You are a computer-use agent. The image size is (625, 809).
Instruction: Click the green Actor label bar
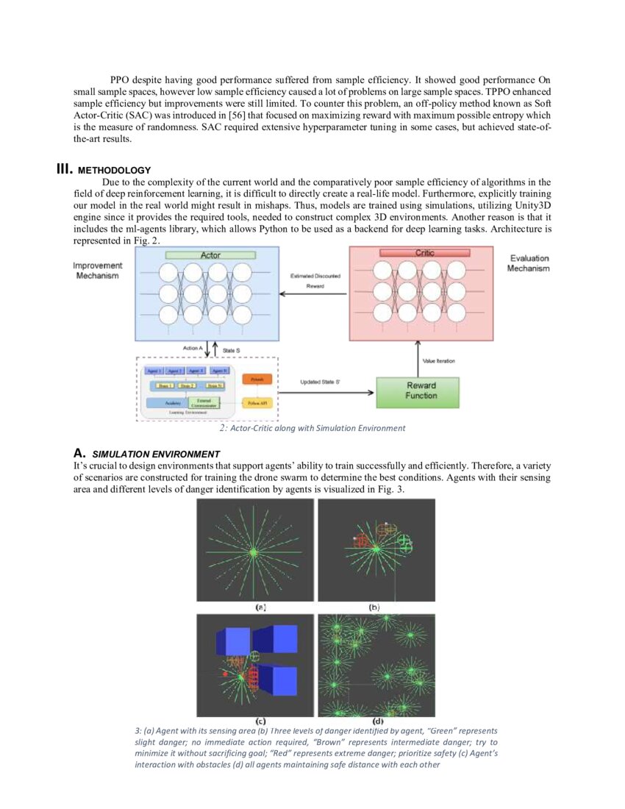(210, 254)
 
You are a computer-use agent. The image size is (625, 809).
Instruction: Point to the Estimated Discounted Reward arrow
(315, 295)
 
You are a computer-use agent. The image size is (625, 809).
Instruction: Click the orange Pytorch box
(257, 379)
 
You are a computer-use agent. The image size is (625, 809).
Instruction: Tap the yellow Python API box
(257, 404)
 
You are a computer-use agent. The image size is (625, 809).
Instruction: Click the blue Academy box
(173, 403)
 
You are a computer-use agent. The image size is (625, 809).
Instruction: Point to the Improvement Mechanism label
(98, 270)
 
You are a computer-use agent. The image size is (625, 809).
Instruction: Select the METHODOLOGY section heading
(124, 171)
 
